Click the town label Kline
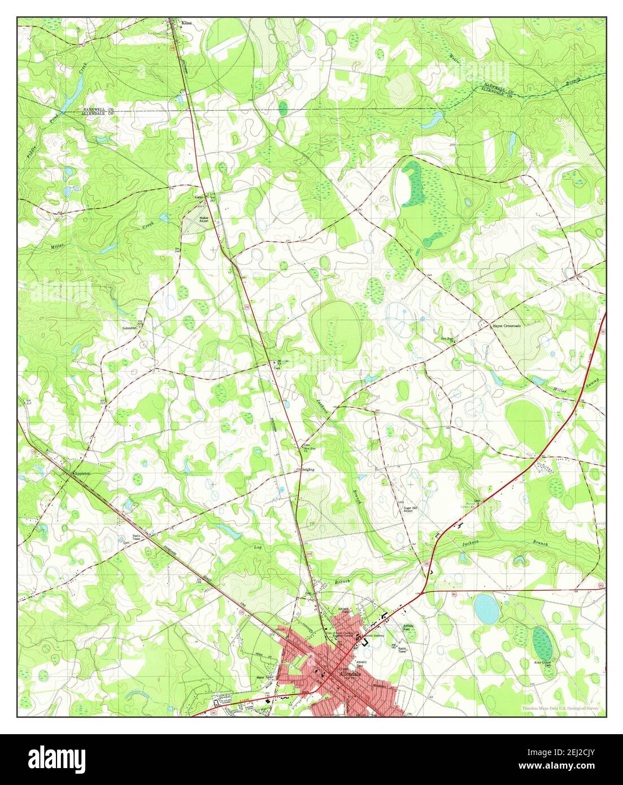click(x=186, y=23)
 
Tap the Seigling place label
click(x=308, y=469)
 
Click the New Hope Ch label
click(x=447, y=339)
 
